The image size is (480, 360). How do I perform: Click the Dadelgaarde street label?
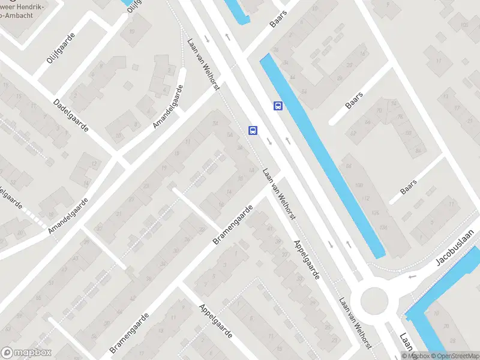[x=71, y=116]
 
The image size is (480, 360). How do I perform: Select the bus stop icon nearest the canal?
[x=278, y=106]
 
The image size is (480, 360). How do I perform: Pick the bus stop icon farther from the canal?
[x=253, y=130]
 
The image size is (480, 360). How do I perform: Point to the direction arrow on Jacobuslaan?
[x=411, y=277]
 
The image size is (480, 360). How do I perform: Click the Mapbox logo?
[x=26, y=353]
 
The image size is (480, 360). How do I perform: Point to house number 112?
[x=367, y=198]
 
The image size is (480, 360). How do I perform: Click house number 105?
[x=464, y=25]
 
